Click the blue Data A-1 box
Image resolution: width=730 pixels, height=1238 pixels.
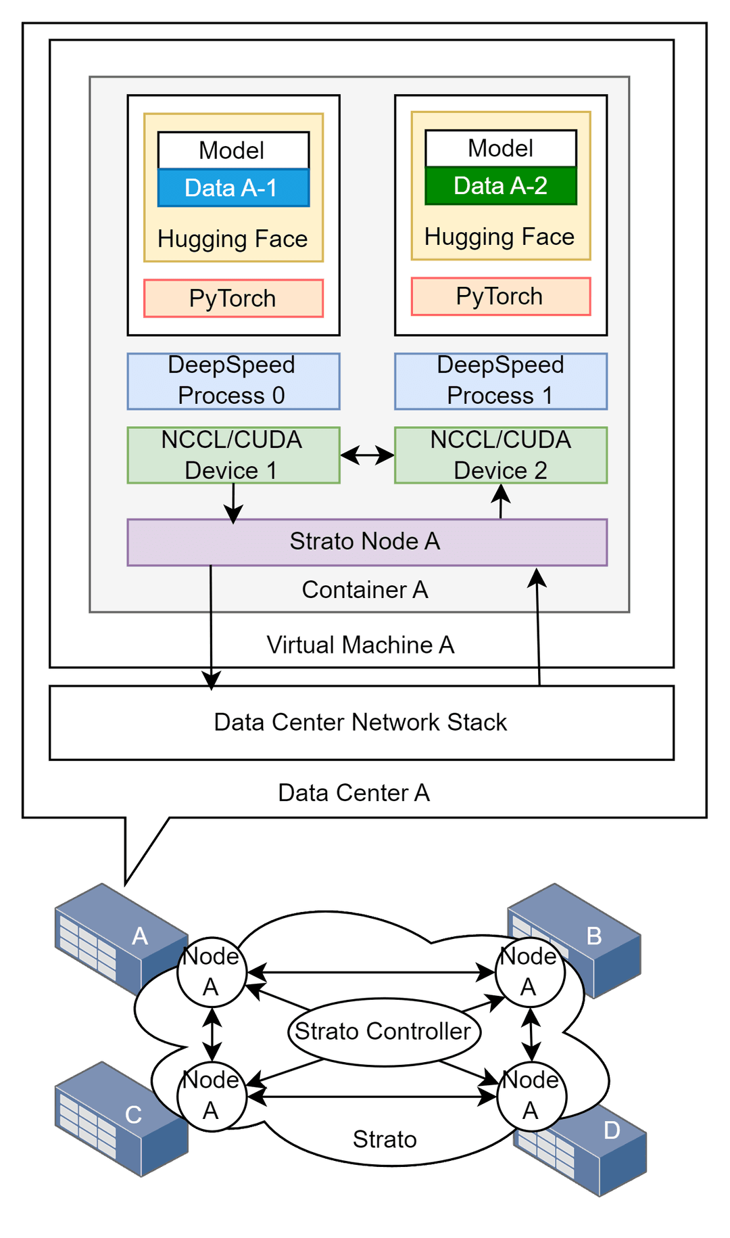233,187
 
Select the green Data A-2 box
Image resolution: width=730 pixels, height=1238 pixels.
500,185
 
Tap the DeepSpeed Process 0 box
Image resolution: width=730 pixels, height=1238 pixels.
233,381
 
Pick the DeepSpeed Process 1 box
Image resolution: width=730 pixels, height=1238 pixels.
500,381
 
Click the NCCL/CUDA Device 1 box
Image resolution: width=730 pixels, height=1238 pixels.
233,455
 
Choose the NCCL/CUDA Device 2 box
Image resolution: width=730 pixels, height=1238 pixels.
500,455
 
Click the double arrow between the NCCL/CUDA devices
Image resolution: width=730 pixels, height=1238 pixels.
367,455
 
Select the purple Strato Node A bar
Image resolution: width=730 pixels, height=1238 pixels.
367,542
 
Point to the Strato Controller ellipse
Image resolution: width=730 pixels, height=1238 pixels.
384,1032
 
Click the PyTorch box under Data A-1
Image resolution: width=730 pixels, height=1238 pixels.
233,298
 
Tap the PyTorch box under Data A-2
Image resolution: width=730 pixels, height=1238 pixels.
500,296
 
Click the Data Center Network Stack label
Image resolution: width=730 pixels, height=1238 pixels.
360,723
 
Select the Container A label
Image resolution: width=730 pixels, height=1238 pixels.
365,590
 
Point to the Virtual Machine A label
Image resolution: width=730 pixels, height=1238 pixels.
360,645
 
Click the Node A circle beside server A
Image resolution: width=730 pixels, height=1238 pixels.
212,972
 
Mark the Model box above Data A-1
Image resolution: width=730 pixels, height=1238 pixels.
233,150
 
